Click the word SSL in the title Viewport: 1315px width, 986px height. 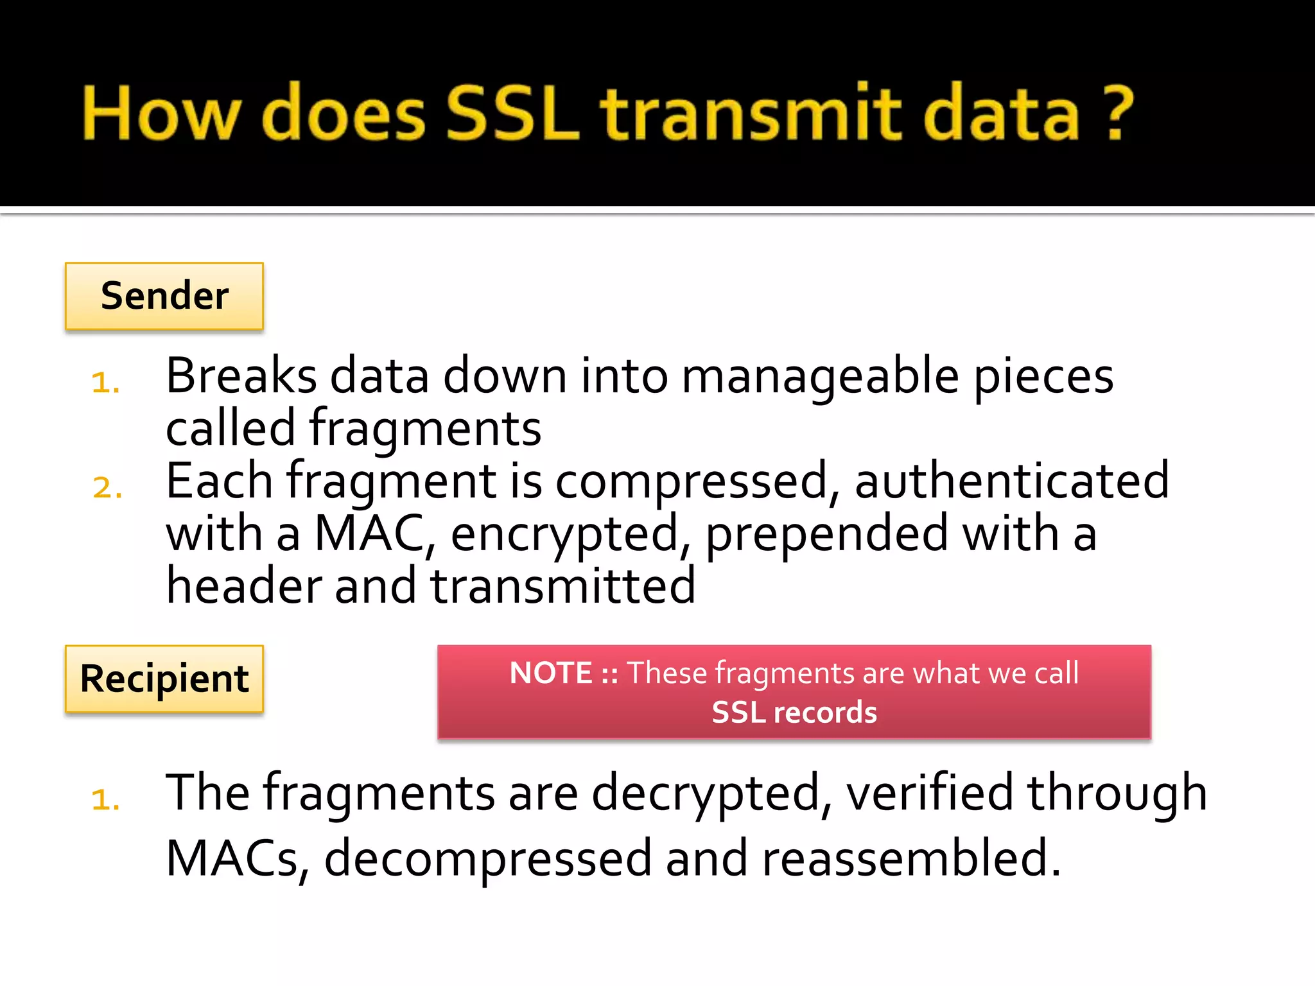pyautogui.click(x=512, y=113)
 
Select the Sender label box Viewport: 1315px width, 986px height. pyautogui.click(x=164, y=297)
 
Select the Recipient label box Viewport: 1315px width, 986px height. pyautogui.click(x=164, y=679)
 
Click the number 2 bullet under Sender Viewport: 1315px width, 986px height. pyautogui.click(x=107, y=488)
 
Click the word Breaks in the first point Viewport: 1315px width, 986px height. pyautogui.click(x=241, y=376)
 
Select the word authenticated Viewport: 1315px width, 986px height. pyautogui.click(x=1011, y=481)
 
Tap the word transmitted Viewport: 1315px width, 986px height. pyautogui.click(x=562, y=587)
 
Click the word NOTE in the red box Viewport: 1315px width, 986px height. pyautogui.click(x=550, y=673)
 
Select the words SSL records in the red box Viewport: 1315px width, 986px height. pyautogui.click(x=794, y=713)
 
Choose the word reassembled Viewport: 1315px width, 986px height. pyautogui.click(x=910, y=859)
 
